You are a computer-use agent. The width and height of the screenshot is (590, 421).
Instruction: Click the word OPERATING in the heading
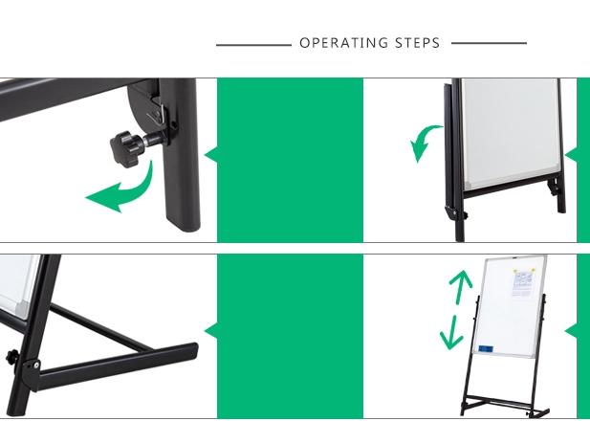coord(343,43)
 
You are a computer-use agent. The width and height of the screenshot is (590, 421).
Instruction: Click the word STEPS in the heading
coord(417,43)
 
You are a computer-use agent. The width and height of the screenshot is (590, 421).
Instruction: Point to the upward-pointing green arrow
coord(461,286)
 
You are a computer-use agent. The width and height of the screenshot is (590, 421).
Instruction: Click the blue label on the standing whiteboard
coord(486,349)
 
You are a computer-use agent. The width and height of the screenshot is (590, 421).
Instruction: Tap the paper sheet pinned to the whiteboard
coord(522,284)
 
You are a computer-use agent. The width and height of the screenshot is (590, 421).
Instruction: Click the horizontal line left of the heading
coord(253,45)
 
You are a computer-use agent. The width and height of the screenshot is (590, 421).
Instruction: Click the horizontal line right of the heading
coord(489,43)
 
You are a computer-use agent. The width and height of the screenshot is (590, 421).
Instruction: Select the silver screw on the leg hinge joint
coord(36,365)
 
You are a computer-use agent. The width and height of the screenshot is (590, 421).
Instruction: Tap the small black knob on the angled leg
coord(11,357)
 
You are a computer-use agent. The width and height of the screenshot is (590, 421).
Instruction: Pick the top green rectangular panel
coord(290,160)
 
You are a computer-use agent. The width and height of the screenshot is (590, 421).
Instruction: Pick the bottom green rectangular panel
coord(290,336)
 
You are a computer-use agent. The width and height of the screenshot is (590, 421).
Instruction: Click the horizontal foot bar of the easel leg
coord(117,367)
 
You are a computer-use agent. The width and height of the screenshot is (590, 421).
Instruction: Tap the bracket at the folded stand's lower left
coord(452,213)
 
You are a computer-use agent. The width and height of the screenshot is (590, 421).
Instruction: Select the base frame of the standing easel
coord(505,406)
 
